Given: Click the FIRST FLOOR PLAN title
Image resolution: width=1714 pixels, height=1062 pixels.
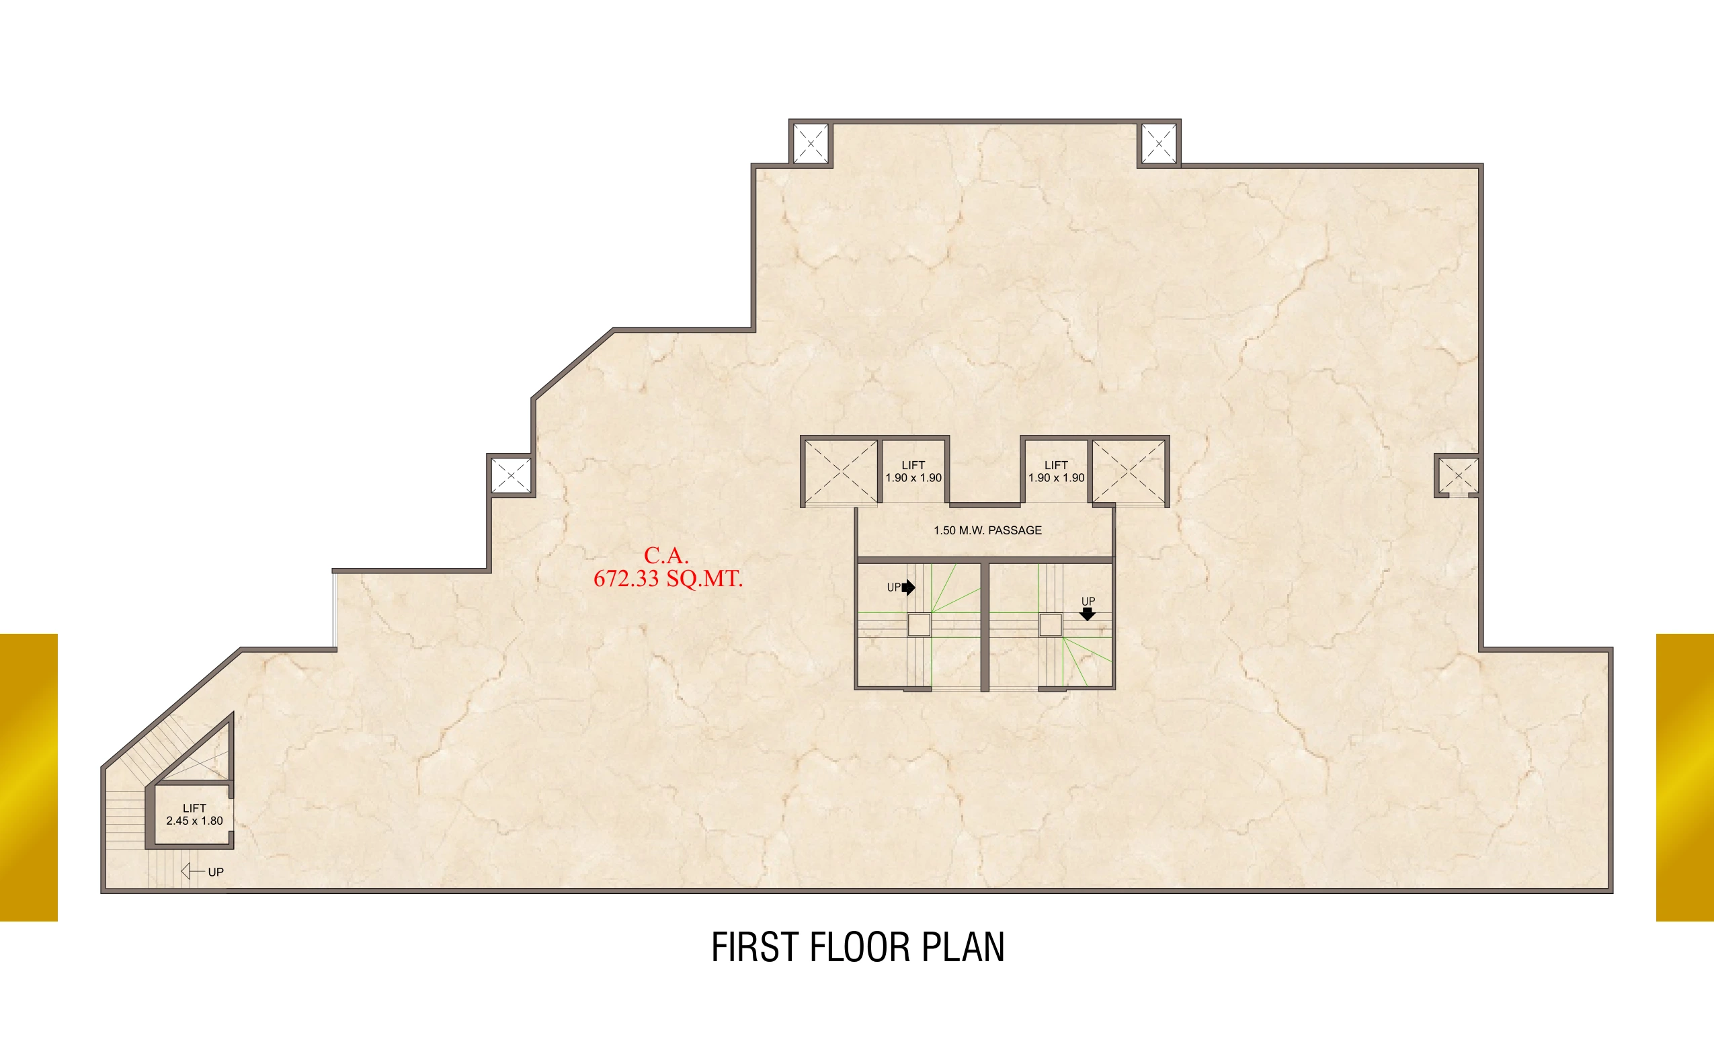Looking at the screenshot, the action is tap(858, 947).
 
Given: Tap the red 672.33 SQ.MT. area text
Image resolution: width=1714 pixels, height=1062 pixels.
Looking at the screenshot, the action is tap(667, 579).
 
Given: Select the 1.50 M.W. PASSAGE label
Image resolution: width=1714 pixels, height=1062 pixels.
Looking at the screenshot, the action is tap(987, 530).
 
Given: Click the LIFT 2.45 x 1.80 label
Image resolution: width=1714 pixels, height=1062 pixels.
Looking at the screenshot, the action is tap(194, 814).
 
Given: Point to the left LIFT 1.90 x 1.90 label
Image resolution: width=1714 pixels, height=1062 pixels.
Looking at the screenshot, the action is tap(913, 471).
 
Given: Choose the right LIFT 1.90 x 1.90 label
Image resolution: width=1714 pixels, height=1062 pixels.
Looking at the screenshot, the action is tap(1056, 471).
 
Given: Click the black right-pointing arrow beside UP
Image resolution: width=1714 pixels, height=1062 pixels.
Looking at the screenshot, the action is tap(908, 587).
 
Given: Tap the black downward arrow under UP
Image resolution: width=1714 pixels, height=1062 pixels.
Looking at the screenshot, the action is tap(1087, 614).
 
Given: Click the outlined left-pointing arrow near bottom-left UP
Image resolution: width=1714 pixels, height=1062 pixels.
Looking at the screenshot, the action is tap(192, 871).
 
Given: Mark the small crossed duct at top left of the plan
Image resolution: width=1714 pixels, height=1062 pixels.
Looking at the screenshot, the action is tap(811, 143).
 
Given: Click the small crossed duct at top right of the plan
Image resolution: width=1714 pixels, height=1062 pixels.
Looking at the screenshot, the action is tap(1159, 143).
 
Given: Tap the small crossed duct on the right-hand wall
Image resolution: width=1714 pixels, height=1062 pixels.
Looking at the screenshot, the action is tap(1458, 475).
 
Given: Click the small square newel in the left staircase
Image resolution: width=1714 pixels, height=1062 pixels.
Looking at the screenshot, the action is tap(918, 624).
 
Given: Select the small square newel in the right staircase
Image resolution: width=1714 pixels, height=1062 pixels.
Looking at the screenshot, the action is tap(1050, 624).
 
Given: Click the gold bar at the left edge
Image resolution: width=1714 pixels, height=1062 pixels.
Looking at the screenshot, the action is tap(29, 777).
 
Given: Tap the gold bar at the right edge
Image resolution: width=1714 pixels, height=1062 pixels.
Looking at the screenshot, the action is tap(1685, 777).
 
